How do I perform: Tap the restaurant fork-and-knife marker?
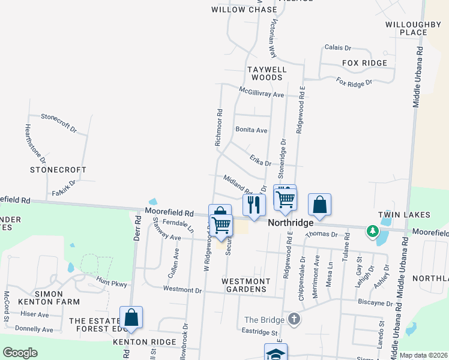pos(255,205)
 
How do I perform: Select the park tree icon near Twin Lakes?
pos(373,230)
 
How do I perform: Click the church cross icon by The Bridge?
pos(294,319)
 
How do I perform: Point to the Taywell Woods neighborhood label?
pos(267,73)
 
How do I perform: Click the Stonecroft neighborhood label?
pos(59,170)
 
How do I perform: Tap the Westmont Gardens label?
pos(244,285)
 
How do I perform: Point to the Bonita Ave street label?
pos(251,130)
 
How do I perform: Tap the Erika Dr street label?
pos(260,160)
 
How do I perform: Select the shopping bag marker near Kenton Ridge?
pos(131,318)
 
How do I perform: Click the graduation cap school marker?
pos(276,353)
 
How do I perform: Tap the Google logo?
pos(20,353)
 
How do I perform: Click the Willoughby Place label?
pos(413,28)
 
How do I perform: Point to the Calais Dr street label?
pos(337,47)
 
